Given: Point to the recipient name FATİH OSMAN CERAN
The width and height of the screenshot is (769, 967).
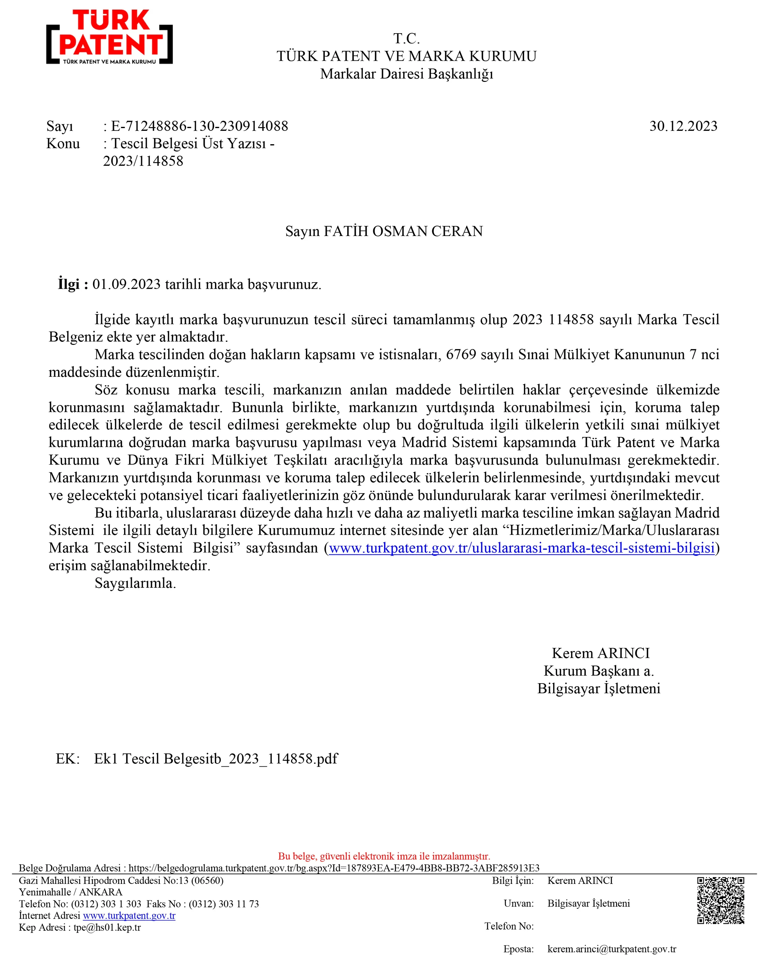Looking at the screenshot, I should pyautogui.click(x=403, y=231).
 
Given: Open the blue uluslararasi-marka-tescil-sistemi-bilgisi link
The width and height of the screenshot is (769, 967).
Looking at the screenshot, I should pyautogui.click(x=521, y=548).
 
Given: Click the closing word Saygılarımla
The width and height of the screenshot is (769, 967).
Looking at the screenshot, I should pyautogui.click(x=135, y=583).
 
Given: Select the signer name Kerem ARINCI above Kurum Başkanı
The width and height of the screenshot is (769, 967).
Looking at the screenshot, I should pyautogui.click(x=600, y=653).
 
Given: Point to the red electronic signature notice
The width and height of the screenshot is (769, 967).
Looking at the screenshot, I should pyautogui.click(x=384, y=856).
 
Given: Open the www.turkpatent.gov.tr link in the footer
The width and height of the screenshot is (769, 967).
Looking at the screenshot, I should pyautogui.click(x=129, y=916).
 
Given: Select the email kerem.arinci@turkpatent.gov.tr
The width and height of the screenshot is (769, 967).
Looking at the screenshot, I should pyautogui.click(x=611, y=949).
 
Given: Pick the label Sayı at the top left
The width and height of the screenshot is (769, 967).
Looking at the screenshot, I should pyautogui.click(x=60, y=127).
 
